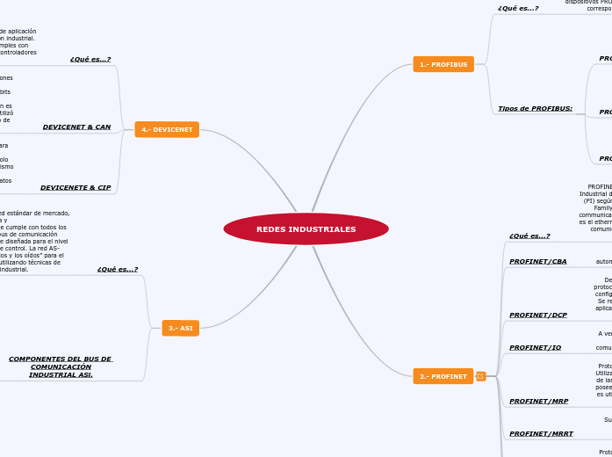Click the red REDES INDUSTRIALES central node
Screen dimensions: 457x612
[x=306, y=229]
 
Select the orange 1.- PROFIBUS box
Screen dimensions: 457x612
[x=443, y=64]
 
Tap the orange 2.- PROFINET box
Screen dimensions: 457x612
[x=443, y=376]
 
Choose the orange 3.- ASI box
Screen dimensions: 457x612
[x=180, y=328]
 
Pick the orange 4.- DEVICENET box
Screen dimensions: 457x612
[x=167, y=129]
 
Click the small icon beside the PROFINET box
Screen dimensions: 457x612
[x=480, y=376]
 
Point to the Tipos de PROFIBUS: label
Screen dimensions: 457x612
[x=535, y=109]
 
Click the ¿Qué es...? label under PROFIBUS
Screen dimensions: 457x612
[x=518, y=9]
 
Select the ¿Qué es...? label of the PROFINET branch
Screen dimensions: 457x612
[x=529, y=236]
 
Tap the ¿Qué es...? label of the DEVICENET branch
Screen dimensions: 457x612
[x=90, y=60]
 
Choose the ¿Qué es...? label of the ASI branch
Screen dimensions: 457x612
[x=118, y=269]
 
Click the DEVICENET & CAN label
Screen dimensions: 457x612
[x=77, y=127]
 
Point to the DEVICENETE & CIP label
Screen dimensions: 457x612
[x=76, y=187]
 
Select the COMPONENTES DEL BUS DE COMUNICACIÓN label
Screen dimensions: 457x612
[x=60, y=366]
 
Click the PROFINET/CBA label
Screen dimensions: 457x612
[x=538, y=261]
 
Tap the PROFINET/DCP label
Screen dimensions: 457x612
[x=538, y=315]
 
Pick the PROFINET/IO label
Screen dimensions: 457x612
[x=536, y=347]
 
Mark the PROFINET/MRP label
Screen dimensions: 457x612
[x=539, y=401]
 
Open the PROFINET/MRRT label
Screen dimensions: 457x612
[x=542, y=433]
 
